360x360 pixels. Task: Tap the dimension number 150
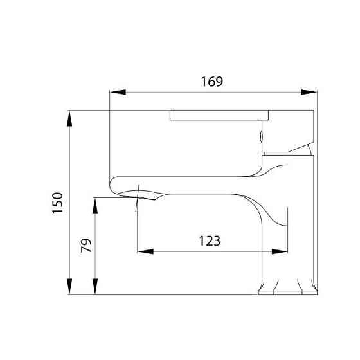pos(57,203)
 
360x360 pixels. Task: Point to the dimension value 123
pos(210,241)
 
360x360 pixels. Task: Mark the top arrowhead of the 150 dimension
pos(69,116)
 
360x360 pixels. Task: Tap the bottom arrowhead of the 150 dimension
pos(69,290)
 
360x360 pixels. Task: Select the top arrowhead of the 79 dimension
pos(95,203)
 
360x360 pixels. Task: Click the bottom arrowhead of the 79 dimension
pos(95,290)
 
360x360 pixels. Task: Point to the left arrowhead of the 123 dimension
pos(142,251)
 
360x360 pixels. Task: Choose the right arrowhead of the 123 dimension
pos(283,251)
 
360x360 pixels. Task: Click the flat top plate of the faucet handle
pos(219,115)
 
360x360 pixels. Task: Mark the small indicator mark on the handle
pos(261,135)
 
